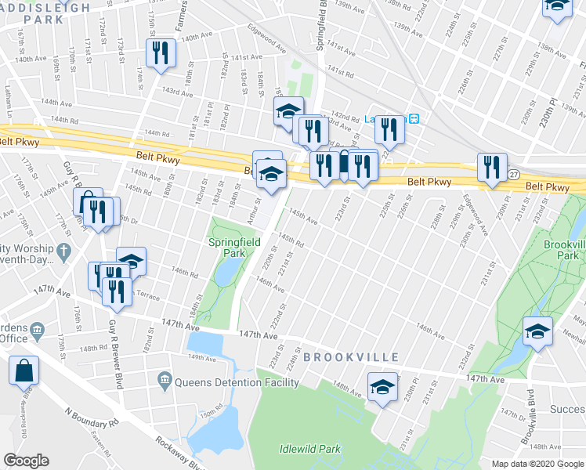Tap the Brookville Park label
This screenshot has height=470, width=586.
click(x=564, y=251)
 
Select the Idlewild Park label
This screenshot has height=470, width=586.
click(x=310, y=449)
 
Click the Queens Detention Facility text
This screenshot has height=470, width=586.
click(x=237, y=382)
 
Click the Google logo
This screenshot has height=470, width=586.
click(x=26, y=461)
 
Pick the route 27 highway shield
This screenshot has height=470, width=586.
click(x=512, y=173)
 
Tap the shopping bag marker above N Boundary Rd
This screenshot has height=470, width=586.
click(x=24, y=371)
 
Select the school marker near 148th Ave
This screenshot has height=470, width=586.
click(x=382, y=387)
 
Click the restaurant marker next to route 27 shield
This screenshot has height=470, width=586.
click(x=491, y=166)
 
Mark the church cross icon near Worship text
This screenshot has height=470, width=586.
click(x=67, y=253)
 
